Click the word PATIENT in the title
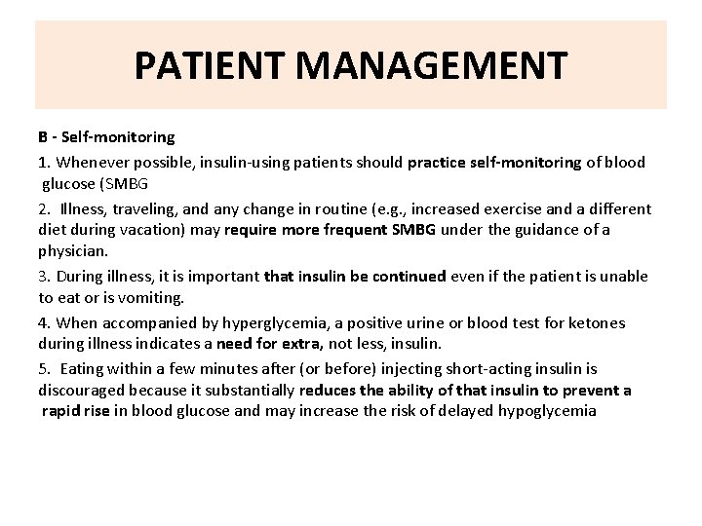[x=206, y=66]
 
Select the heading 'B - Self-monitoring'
[x=106, y=138]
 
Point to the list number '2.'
[x=45, y=208]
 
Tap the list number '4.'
[x=45, y=322]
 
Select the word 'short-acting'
[x=472, y=368]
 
